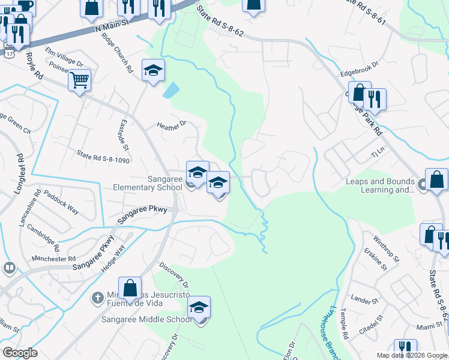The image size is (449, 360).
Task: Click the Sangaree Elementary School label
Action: point(148,183)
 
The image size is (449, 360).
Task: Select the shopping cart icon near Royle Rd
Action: point(79,80)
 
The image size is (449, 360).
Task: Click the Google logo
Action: point(20,353)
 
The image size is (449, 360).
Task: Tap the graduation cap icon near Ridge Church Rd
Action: point(153,71)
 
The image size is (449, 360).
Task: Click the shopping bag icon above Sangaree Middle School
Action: point(130,288)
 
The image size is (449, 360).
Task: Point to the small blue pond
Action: point(170,91)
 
